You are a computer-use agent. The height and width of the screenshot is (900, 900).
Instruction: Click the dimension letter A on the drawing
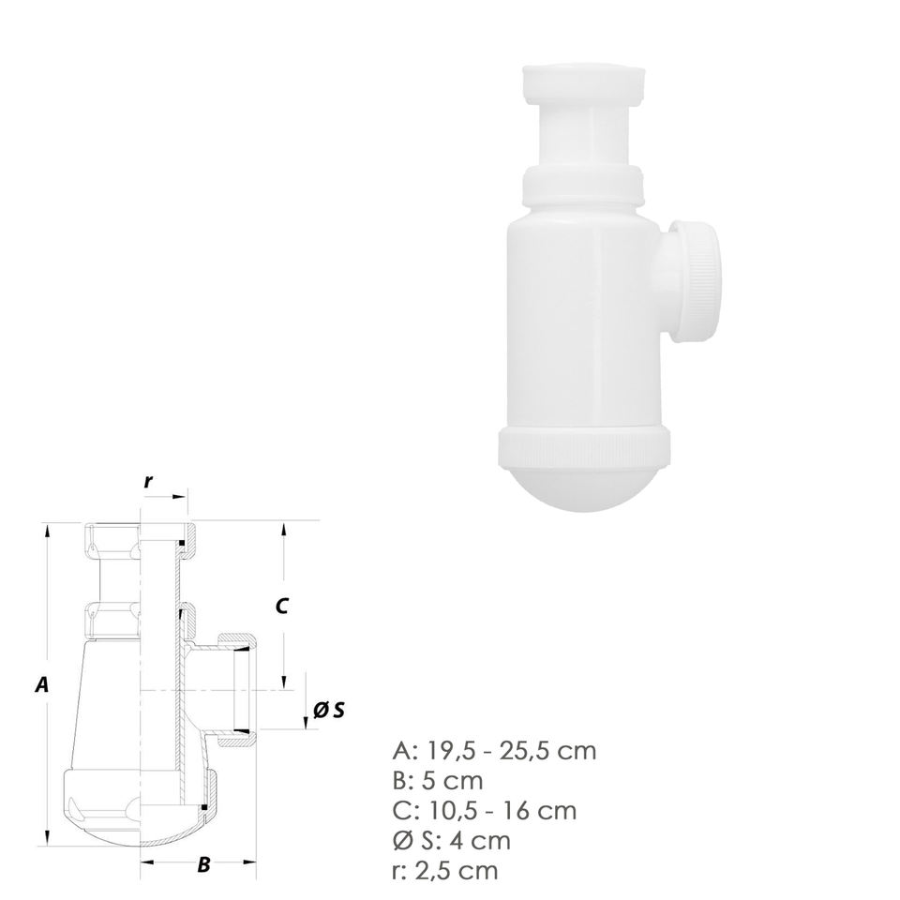[41, 684]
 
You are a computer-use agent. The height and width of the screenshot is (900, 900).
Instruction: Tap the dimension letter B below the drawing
[203, 864]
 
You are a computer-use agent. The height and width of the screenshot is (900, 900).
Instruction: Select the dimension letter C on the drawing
[281, 607]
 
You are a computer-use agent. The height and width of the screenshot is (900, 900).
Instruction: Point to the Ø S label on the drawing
[329, 711]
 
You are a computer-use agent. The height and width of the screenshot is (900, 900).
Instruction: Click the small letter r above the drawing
[149, 481]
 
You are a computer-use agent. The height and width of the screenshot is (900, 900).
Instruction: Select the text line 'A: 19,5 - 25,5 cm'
[495, 751]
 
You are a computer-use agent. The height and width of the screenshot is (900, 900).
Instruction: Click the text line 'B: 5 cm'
[438, 781]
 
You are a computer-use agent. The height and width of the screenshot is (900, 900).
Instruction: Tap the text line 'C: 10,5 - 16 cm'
[485, 811]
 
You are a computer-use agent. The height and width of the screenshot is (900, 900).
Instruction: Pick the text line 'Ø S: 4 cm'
[452, 841]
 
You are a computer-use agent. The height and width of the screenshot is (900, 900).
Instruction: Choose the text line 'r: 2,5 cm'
[445, 871]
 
